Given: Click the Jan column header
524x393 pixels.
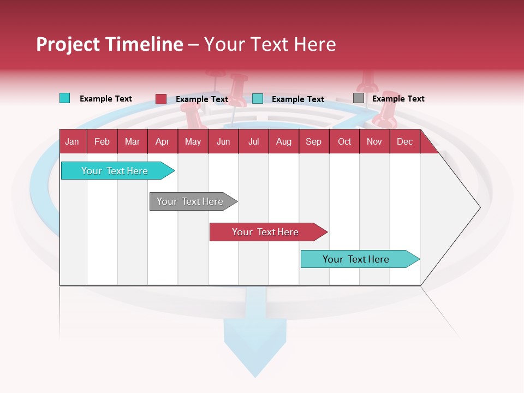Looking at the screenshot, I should coord(73,141).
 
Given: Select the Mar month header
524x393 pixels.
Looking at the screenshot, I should coord(132,141).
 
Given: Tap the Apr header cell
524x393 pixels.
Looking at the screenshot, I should coord(162,141).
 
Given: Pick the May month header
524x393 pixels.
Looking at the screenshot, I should coord(193,141).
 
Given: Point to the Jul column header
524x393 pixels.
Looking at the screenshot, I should coord(253,141).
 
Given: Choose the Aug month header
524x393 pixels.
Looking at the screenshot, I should coord(283,141).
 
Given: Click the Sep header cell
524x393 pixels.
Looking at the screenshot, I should coord(313,141).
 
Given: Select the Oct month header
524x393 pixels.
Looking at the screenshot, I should coord(344,141).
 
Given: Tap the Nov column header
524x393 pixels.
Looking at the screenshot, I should coord(374,141).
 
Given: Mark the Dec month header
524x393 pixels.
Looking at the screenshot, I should coord(404,141).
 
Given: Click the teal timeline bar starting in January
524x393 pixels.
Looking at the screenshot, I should coord(115,171).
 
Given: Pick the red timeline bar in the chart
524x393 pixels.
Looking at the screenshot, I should coord(266,232).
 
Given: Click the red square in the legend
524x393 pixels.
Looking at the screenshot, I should coord(161,99).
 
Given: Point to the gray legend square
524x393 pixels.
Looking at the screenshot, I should coord(359,98).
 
